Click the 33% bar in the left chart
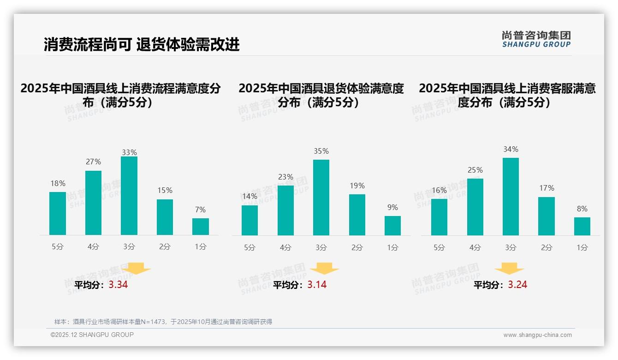pyautogui.click(x=129, y=196)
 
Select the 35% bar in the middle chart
pyautogui.click(x=321, y=198)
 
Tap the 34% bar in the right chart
pyautogui.click(x=511, y=197)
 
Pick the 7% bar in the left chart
pyautogui.click(x=201, y=227)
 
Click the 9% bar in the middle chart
pyautogui.click(x=392, y=226)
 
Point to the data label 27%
pyautogui.click(x=93, y=162)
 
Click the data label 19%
pyautogui.click(x=357, y=186)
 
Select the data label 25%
pyautogui.click(x=475, y=170)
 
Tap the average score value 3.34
pyautogui.click(x=118, y=285)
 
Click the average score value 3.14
pyautogui.click(x=317, y=285)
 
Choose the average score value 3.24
pyautogui.click(x=517, y=285)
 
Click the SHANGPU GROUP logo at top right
pyautogui.click(x=536, y=39)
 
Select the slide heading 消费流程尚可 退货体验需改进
pyautogui.click(x=142, y=45)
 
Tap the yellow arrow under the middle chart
pyautogui.click(x=324, y=268)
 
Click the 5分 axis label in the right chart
pyautogui.click(x=439, y=248)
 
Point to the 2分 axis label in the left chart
pyautogui.click(x=165, y=247)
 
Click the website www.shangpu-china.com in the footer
pyautogui.click(x=537, y=335)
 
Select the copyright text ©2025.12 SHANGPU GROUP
pyautogui.click(x=92, y=335)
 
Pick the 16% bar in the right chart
pyautogui.click(x=439, y=217)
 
